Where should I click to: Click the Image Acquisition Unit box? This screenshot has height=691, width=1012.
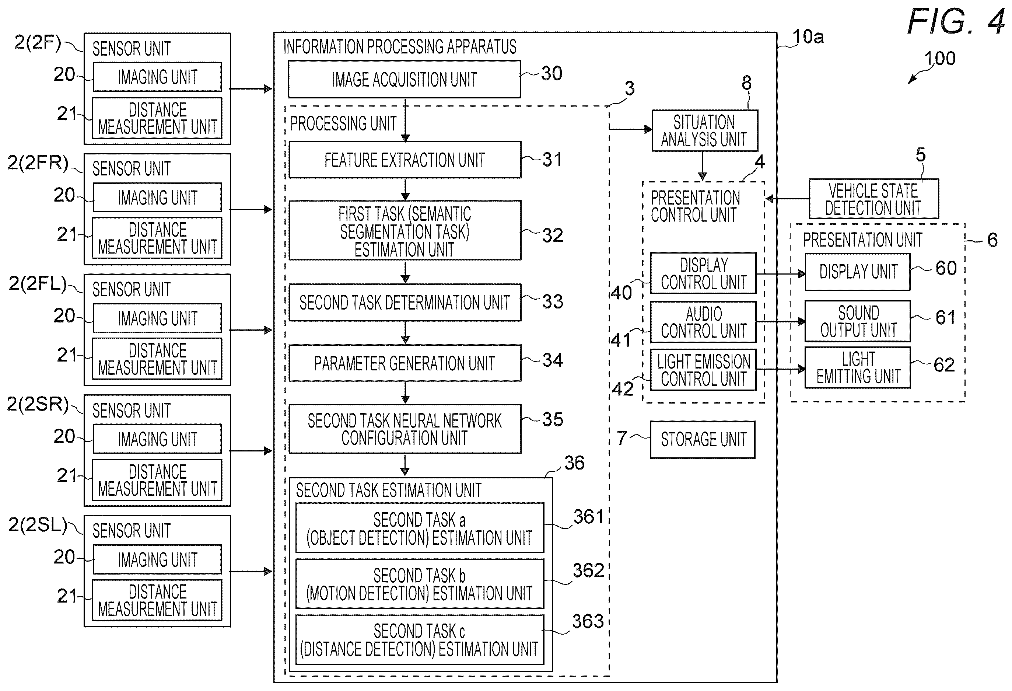click(x=404, y=79)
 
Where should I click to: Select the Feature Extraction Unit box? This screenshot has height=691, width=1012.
click(x=405, y=160)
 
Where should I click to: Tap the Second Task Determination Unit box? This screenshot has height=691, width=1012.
click(x=405, y=302)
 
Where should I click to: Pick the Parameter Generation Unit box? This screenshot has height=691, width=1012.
click(x=405, y=363)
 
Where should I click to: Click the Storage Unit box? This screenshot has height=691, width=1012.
click(x=703, y=439)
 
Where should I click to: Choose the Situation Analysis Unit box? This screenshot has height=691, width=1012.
click(x=704, y=131)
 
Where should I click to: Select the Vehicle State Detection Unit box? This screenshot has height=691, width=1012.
click(x=873, y=199)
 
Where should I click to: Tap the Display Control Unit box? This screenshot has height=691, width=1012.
click(x=703, y=273)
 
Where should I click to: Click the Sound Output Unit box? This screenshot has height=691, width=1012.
click(x=857, y=321)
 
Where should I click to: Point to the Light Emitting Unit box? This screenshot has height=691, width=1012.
click(x=857, y=367)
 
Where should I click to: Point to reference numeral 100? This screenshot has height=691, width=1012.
click(x=940, y=58)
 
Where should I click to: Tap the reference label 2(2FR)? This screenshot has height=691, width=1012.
click(x=38, y=163)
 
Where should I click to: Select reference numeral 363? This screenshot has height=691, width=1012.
click(x=588, y=621)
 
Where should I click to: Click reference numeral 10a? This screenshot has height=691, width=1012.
click(x=808, y=36)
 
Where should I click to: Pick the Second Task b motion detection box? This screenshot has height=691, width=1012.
click(x=420, y=584)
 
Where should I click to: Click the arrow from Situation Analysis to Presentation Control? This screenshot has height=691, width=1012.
click(x=703, y=166)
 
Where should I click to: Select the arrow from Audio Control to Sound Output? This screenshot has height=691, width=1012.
click(x=781, y=321)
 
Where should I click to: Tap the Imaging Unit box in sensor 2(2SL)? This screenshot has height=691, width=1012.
click(x=157, y=559)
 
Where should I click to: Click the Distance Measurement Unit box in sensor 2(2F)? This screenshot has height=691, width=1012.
click(x=157, y=118)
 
